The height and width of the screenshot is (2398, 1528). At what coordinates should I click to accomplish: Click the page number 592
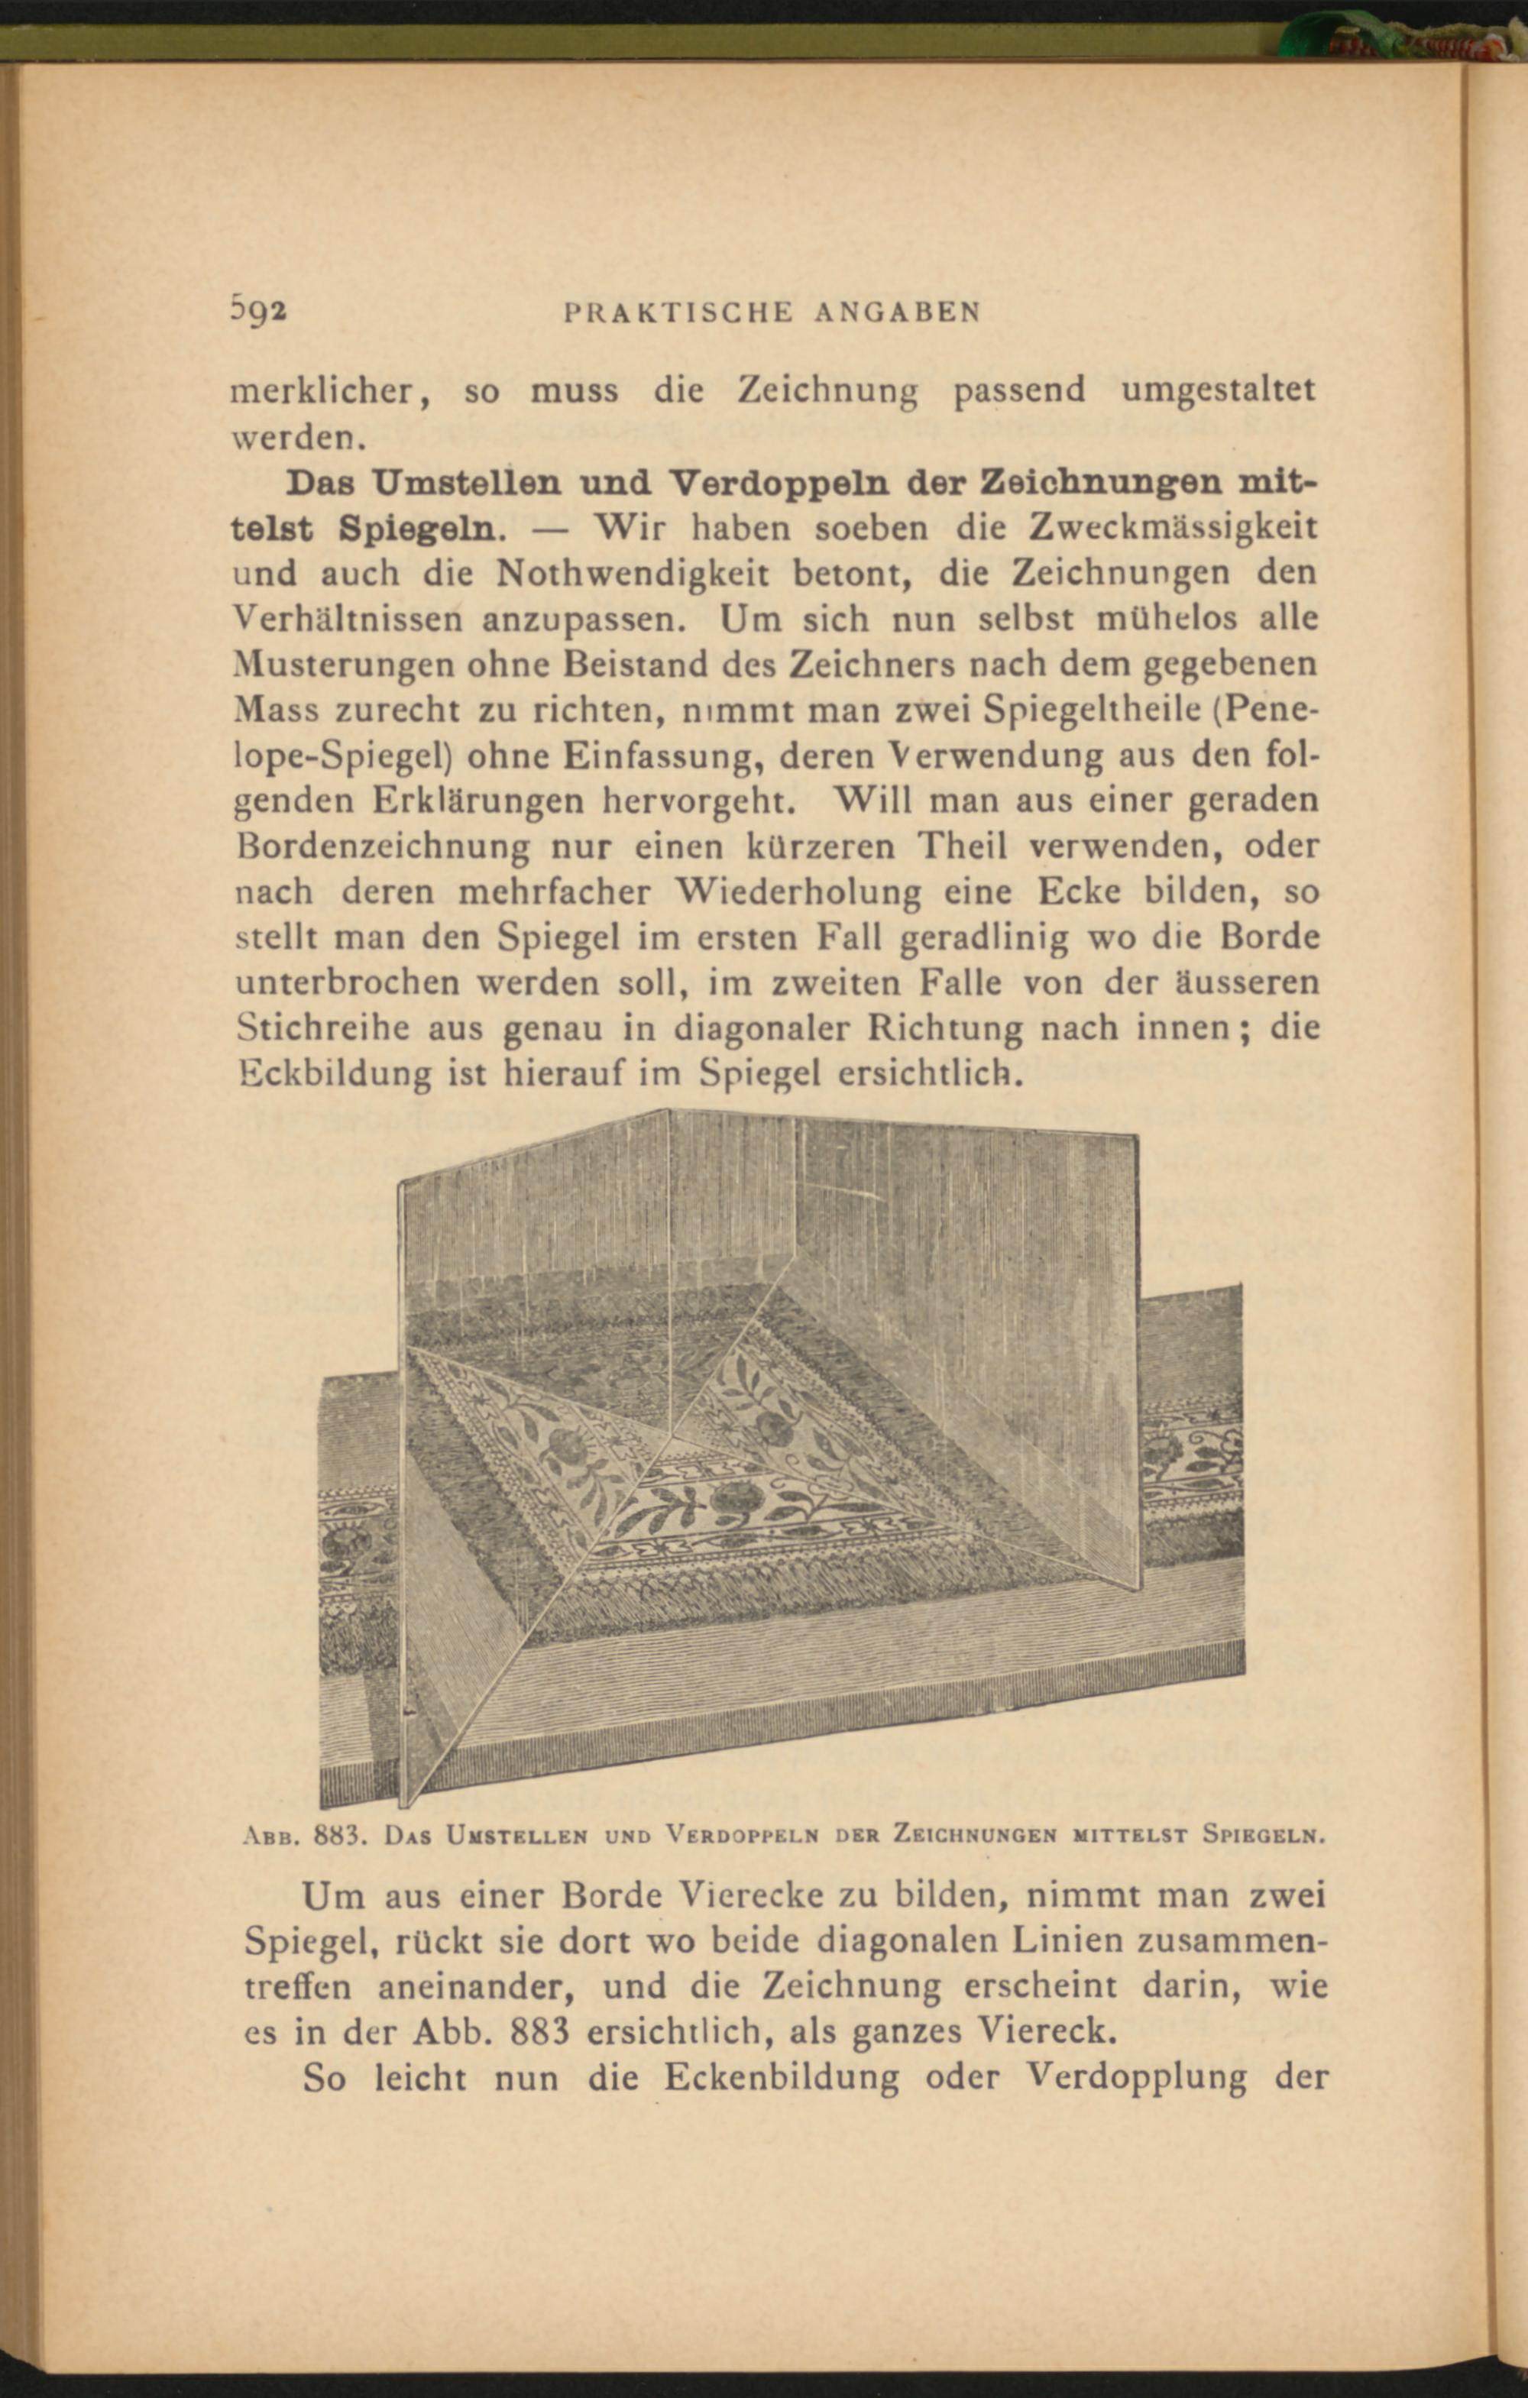[258, 311]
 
